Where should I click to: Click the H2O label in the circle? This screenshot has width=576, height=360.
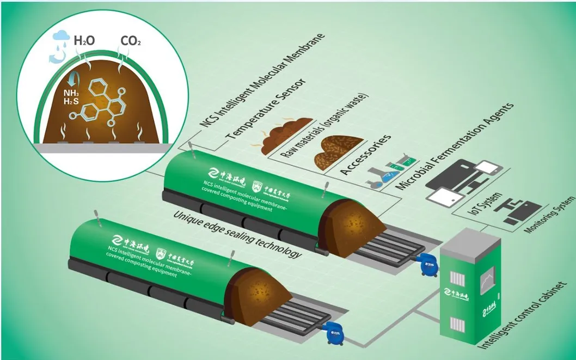pyautogui.click(x=84, y=40)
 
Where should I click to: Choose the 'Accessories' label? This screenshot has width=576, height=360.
pyautogui.click(x=365, y=155)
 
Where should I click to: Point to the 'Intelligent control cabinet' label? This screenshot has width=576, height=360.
pyautogui.click(x=525, y=316)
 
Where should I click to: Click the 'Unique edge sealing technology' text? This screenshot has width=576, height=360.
pyautogui.click(x=237, y=234)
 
